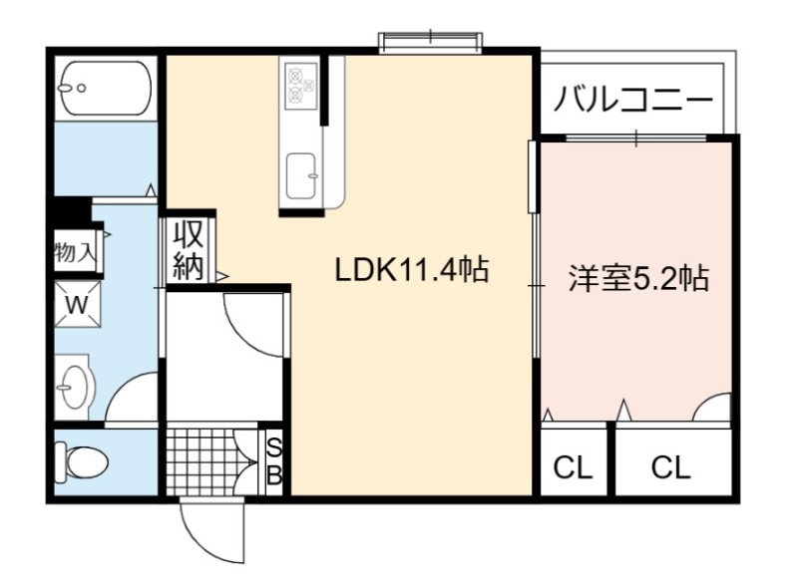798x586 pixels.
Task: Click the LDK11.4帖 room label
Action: point(412,269)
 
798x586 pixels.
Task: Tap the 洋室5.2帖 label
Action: point(638,278)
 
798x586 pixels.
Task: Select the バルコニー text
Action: point(633,100)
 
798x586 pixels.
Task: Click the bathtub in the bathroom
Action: point(106,89)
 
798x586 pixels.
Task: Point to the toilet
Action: point(82,462)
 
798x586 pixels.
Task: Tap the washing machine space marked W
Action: point(78,304)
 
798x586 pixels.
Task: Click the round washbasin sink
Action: point(75,387)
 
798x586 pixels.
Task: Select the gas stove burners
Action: point(301,86)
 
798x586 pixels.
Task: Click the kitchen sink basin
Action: point(302,176)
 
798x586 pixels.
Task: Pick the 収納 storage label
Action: point(189,250)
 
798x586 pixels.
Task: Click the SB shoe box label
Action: point(274,462)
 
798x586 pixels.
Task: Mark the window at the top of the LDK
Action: point(430,42)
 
